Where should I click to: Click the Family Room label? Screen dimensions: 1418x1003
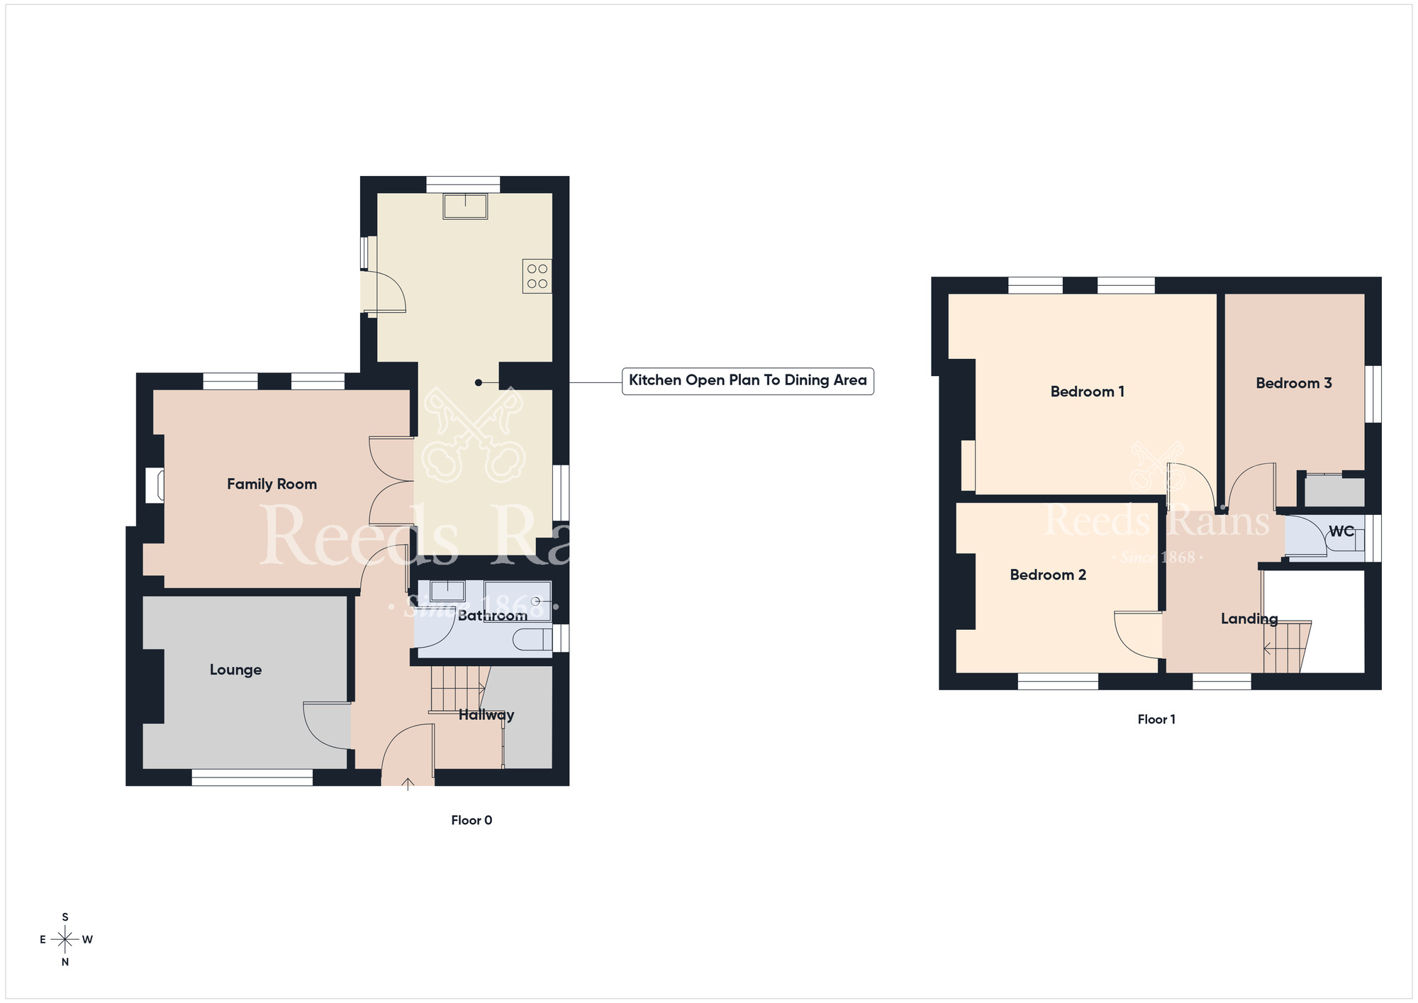pos(272,484)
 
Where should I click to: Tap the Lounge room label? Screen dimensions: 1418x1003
pos(235,670)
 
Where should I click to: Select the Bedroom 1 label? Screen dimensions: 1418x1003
pos(1087,392)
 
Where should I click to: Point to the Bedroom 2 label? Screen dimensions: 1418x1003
pos(1048,575)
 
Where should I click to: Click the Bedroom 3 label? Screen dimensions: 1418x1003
pos(1294,383)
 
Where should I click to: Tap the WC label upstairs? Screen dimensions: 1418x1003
pos(1341,531)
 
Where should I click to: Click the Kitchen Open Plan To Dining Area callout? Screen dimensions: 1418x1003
pos(748,380)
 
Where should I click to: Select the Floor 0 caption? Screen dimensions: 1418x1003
pos(471,820)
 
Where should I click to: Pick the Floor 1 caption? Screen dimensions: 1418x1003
pos(1156,719)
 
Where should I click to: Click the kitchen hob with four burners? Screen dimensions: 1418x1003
pos(537,276)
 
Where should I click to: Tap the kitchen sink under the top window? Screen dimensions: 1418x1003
pos(465,206)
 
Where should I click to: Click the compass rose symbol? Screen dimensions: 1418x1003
pos(65,940)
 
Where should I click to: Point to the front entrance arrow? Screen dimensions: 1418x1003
pos(408,784)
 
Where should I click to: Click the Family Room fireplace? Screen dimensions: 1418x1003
pos(155,485)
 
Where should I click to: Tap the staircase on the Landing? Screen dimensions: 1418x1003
pos(1288,647)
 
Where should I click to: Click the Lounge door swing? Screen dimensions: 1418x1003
pos(327,725)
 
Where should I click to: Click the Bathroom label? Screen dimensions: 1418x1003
pos(492,616)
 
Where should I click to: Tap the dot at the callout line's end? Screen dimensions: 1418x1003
pos(479,383)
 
